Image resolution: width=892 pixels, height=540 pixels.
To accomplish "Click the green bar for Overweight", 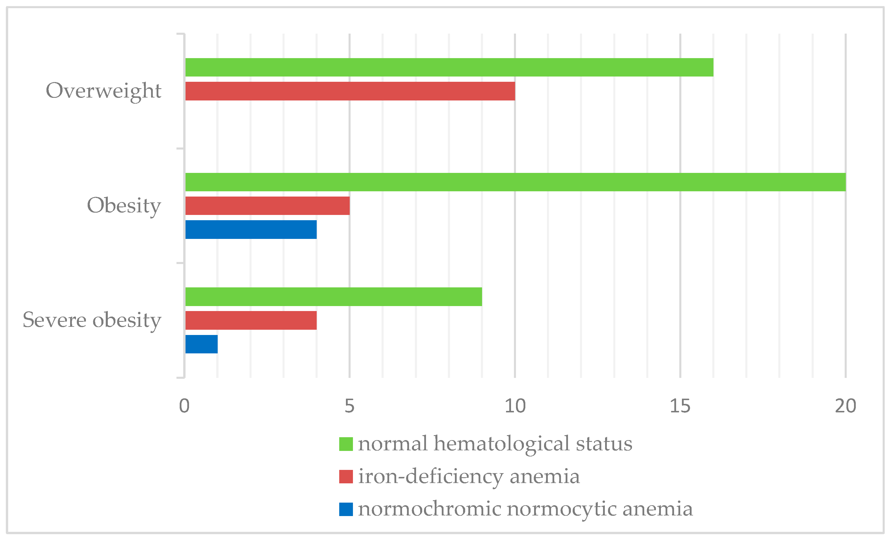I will pyautogui.click(x=449, y=67).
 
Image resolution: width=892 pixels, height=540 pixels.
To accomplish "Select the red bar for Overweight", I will pyautogui.click(x=350, y=91).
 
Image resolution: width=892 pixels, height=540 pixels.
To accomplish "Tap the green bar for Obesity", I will pyautogui.click(x=515, y=182).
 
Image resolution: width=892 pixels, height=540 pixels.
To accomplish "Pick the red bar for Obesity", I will pyautogui.click(x=267, y=206).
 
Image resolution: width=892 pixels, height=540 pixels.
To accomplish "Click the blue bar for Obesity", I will pyautogui.click(x=251, y=230).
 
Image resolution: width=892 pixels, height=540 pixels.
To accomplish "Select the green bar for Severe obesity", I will pyautogui.click(x=333, y=297).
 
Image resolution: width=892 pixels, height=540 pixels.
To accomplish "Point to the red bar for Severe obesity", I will pyautogui.click(x=251, y=320).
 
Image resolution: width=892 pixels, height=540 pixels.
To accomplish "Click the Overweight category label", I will pyautogui.click(x=103, y=91).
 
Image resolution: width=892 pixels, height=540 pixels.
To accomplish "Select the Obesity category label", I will pyautogui.click(x=124, y=206).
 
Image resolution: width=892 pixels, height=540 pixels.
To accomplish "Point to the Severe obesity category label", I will pyautogui.click(x=92, y=320).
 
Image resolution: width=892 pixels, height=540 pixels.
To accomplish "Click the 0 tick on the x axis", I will pyautogui.click(x=184, y=406).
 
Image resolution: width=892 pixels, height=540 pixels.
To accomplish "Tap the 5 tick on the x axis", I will pyautogui.click(x=349, y=406).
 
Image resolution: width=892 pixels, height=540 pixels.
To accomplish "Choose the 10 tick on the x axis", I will pyautogui.click(x=515, y=406).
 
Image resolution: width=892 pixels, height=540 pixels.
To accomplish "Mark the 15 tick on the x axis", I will pyautogui.click(x=680, y=406).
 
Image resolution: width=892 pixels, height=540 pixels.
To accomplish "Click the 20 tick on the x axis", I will pyautogui.click(x=845, y=406).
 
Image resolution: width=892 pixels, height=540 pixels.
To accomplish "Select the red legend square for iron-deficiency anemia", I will pyautogui.click(x=346, y=477).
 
